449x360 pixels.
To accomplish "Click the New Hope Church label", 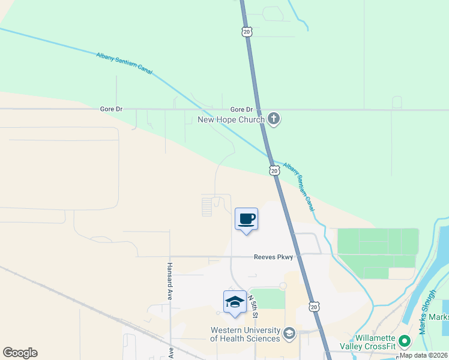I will point(231,119).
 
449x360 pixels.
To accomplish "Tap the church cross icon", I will point(274,118).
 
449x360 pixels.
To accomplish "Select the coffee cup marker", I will point(246,219).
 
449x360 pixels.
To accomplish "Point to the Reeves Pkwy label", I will point(273,257).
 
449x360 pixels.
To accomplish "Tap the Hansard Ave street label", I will point(170,274).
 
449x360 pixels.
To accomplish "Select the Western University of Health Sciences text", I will point(245,334).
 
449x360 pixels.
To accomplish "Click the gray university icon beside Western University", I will point(289,333).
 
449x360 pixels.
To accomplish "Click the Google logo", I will point(20,353).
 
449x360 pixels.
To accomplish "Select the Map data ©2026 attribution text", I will point(424,355).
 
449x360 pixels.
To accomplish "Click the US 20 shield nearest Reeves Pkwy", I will point(314,307).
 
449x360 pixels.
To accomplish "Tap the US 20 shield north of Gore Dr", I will point(246,31).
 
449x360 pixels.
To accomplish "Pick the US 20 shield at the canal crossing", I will point(274,171).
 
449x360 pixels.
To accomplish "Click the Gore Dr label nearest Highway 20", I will point(242,109).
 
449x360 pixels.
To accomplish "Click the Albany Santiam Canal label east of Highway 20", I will point(298,185).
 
